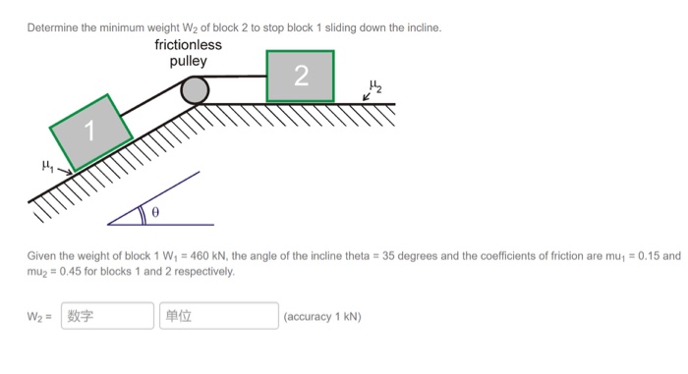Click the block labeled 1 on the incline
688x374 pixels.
click(91, 132)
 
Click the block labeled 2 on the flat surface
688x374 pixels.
click(300, 76)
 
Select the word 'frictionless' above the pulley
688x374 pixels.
click(188, 45)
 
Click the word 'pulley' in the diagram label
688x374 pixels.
click(188, 61)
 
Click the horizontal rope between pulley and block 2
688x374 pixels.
click(236, 76)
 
